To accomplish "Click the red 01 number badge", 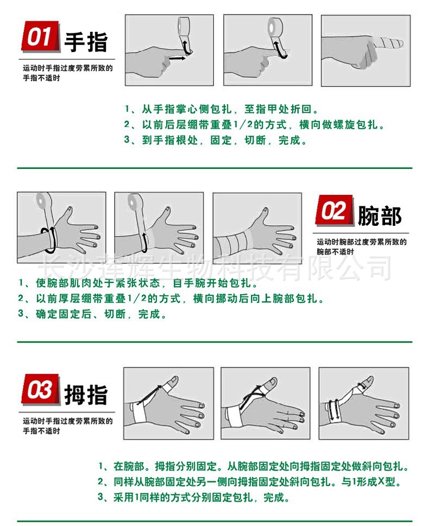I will pyautogui.click(x=39, y=37).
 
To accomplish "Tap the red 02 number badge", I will pyautogui.click(x=333, y=211).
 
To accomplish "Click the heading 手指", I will pyautogui.click(x=86, y=42).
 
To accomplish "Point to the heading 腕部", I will pyautogui.click(x=380, y=216).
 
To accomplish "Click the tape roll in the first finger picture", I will pyautogui.click(x=185, y=27).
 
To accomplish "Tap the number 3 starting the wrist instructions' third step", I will pyautogui.click(x=21, y=314).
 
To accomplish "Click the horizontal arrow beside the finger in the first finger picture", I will pyautogui.click(x=176, y=58).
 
